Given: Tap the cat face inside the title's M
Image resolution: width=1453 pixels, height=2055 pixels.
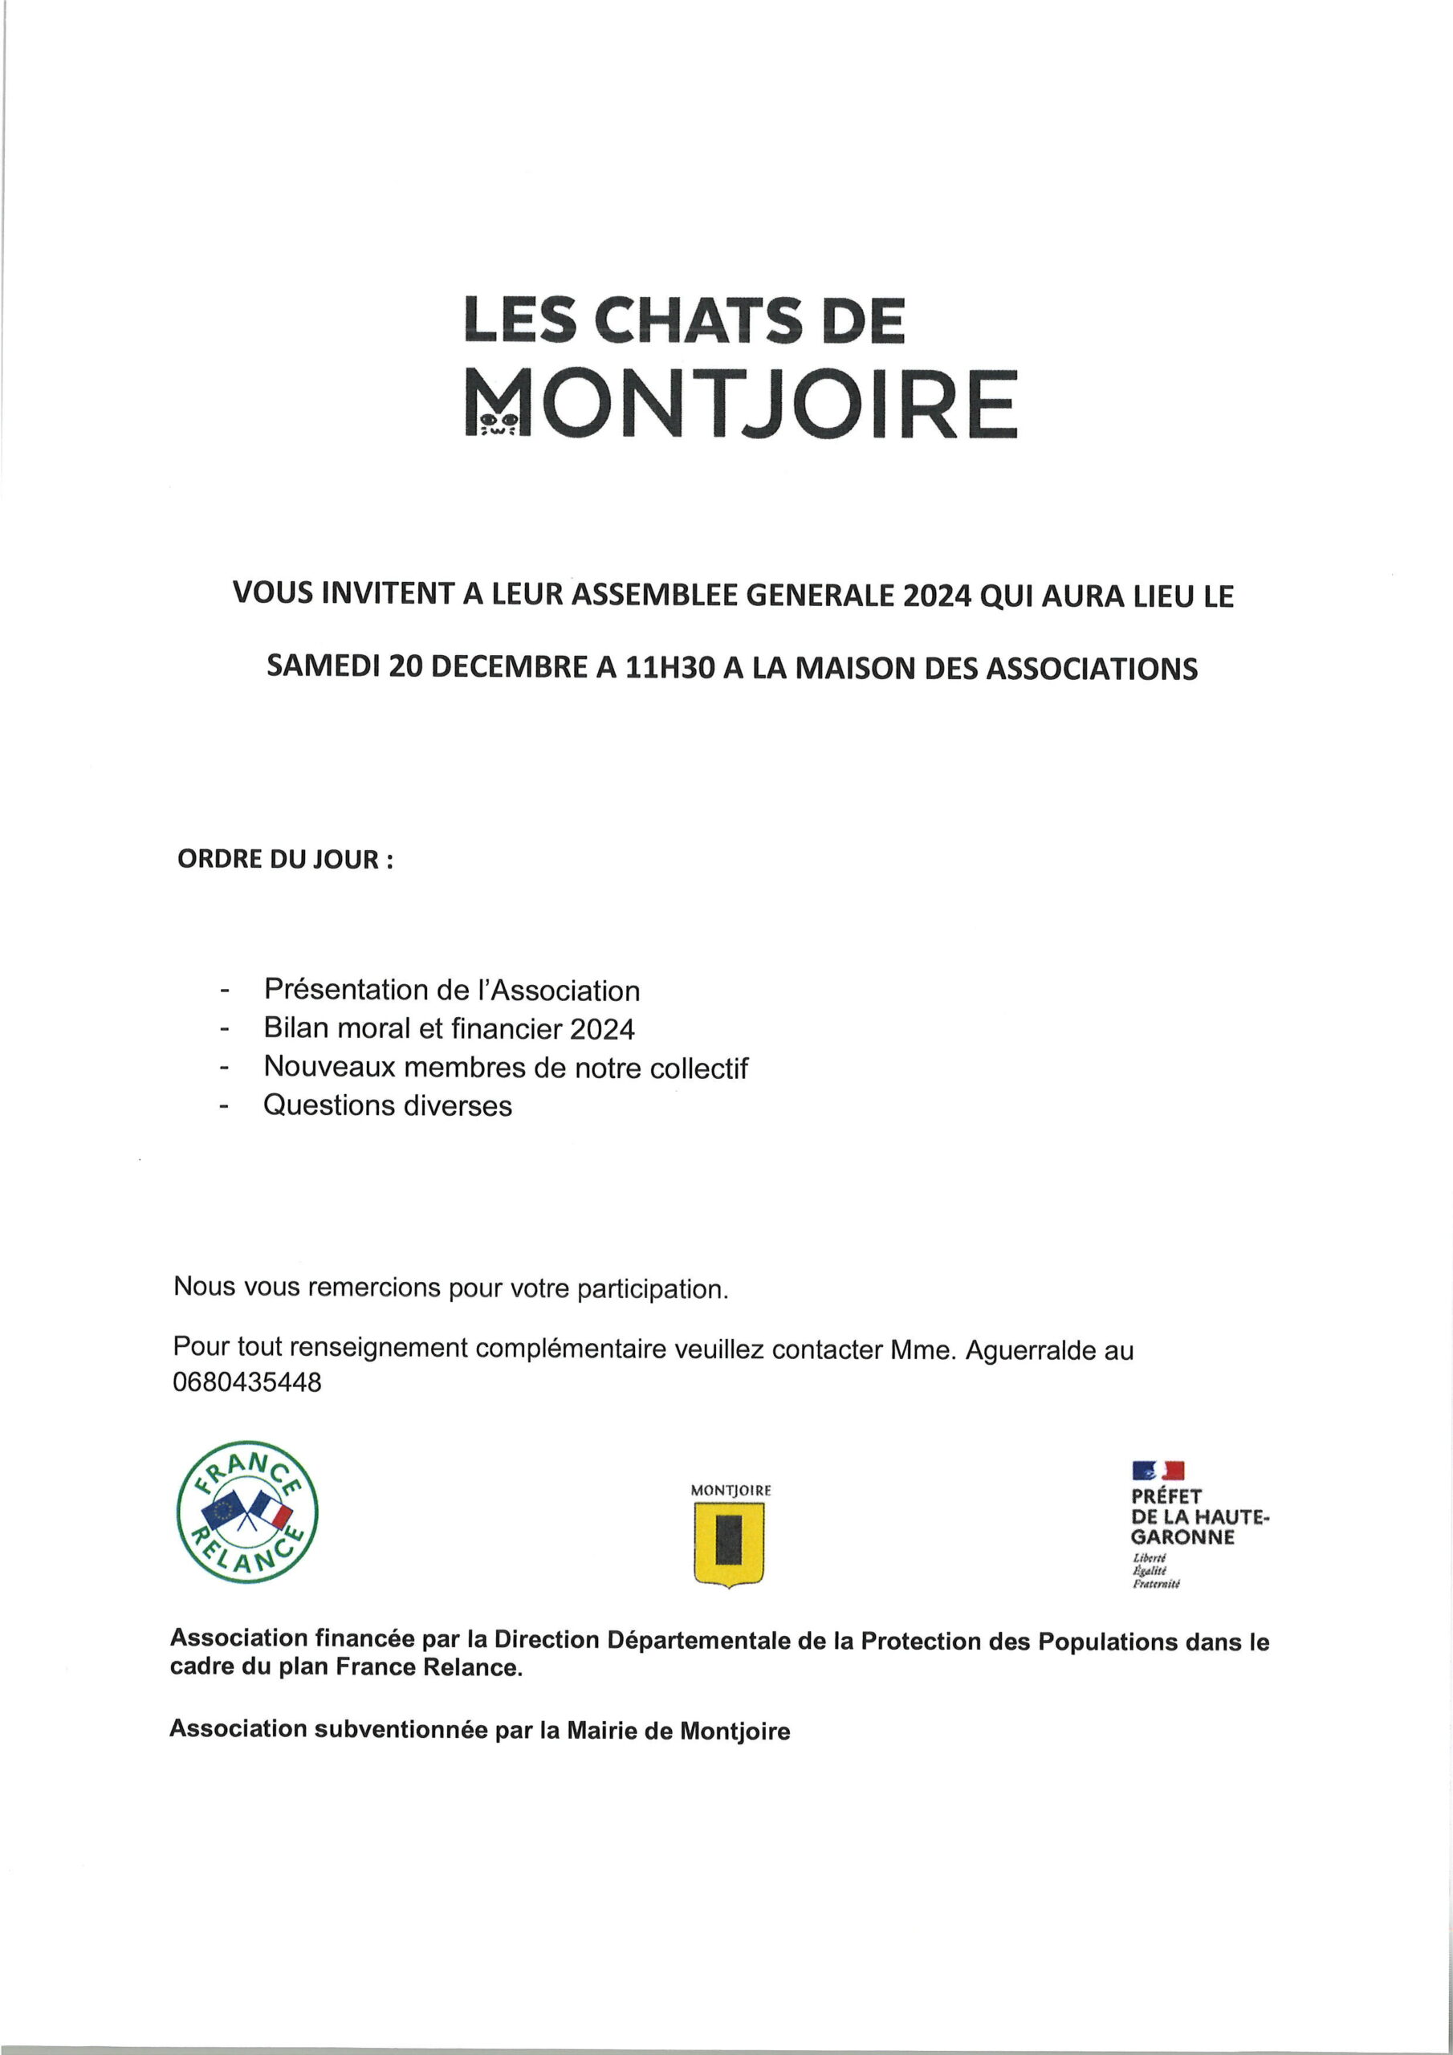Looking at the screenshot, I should (x=498, y=420).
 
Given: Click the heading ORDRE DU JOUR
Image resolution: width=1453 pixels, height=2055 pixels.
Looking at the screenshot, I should (x=285, y=859).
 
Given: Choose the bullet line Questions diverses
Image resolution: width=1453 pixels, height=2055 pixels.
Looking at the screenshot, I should (x=387, y=1105).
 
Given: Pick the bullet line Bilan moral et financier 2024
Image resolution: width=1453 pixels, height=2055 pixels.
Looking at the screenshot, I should (x=449, y=1029).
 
